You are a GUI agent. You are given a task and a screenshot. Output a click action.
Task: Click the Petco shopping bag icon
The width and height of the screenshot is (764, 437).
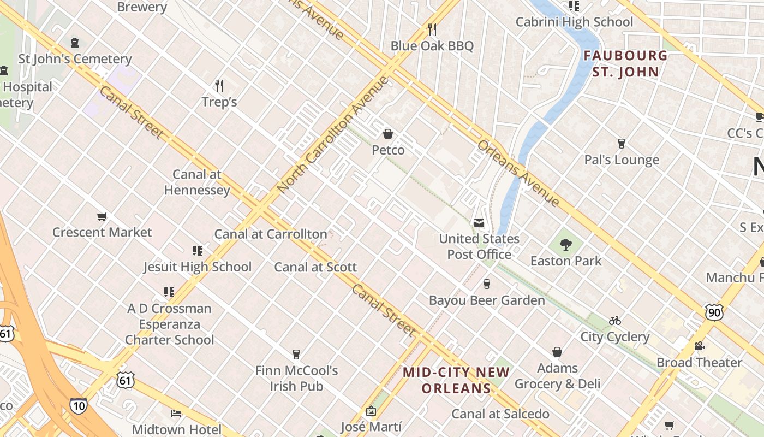click(x=388, y=134)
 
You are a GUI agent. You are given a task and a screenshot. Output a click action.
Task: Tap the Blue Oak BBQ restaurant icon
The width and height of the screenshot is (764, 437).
click(x=432, y=29)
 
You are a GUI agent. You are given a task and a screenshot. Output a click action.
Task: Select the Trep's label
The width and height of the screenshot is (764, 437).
click(x=219, y=102)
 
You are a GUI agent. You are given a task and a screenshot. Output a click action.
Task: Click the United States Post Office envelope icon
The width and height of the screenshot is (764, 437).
click(x=479, y=223)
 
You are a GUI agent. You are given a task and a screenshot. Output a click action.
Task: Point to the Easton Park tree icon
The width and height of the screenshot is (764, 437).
click(x=566, y=245)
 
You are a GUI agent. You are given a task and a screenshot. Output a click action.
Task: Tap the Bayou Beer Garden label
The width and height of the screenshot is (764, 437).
click(x=486, y=300)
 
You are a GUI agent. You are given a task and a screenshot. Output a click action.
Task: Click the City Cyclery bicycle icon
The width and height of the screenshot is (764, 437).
click(x=615, y=321)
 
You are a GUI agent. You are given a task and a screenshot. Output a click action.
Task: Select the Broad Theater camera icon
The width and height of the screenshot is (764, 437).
click(x=699, y=346)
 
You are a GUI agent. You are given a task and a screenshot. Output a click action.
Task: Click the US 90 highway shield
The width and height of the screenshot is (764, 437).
click(x=714, y=312)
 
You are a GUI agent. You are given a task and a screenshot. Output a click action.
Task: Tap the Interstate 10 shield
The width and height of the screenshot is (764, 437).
click(x=78, y=405)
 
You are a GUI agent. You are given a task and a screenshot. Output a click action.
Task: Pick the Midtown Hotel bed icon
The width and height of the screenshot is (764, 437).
click(x=176, y=413)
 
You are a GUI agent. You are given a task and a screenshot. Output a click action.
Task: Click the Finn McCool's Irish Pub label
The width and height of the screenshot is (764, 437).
click(x=296, y=378)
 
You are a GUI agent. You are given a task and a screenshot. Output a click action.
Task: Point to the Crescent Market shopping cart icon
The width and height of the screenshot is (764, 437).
click(x=102, y=217)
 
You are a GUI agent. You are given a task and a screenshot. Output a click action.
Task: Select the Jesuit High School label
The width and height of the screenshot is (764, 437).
click(x=197, y=267)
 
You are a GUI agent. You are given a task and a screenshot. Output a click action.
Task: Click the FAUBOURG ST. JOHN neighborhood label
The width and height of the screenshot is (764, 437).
click(x=625, y=63)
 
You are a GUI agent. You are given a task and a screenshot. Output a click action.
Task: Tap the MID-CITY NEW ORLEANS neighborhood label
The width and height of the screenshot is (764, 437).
click(x=456, y=380)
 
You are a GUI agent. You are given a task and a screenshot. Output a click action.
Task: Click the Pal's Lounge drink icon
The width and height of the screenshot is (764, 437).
click(x=621, y=144)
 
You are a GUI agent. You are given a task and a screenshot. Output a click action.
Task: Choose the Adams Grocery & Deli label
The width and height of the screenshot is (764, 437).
click(x=557, y=376)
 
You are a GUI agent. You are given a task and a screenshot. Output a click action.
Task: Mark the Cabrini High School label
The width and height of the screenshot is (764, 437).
click(x=574, y=22)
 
